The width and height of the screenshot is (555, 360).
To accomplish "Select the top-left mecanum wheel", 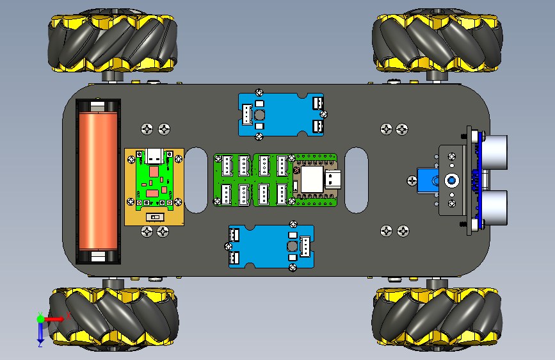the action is tap(114, 43).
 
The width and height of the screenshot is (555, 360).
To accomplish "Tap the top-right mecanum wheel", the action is tap(437, 43).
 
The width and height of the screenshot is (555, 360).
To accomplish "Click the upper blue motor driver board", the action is tap(282, 114).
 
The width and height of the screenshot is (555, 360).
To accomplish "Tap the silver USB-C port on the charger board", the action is tap(154, 155).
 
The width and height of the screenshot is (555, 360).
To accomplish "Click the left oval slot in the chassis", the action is tap(196, 181).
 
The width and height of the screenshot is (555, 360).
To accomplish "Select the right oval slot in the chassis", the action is tap(356, 180).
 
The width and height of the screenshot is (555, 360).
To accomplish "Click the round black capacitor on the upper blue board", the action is tap(260, 115).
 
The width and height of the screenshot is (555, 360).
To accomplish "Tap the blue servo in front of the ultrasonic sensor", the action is tap(425, 180).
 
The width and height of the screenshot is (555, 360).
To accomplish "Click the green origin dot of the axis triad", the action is tap(40, 318).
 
